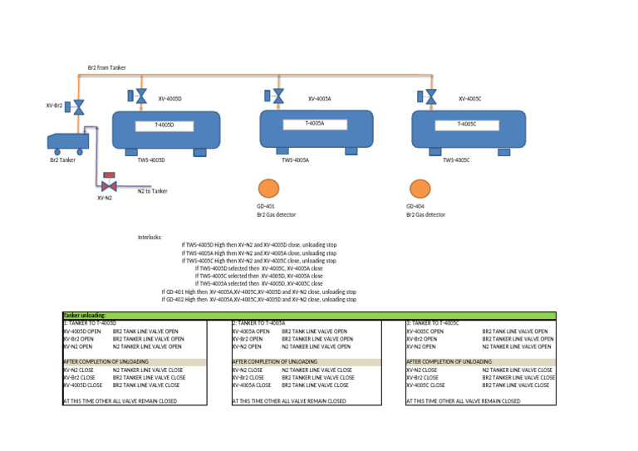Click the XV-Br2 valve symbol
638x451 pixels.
[79, 107]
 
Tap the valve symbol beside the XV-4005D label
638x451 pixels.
[141, 98]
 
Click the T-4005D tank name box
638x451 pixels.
[164, 125]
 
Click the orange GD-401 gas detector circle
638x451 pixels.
[267, 189]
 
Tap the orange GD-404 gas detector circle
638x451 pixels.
[419, 189]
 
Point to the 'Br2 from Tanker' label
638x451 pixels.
[106, 67]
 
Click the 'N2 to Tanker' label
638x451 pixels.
[152, 191]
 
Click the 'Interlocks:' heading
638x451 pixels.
[150, 237]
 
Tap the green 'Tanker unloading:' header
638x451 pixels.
[85, 316]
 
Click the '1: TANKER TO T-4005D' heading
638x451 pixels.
[90, 322]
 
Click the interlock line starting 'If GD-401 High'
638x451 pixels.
[258, 292]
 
